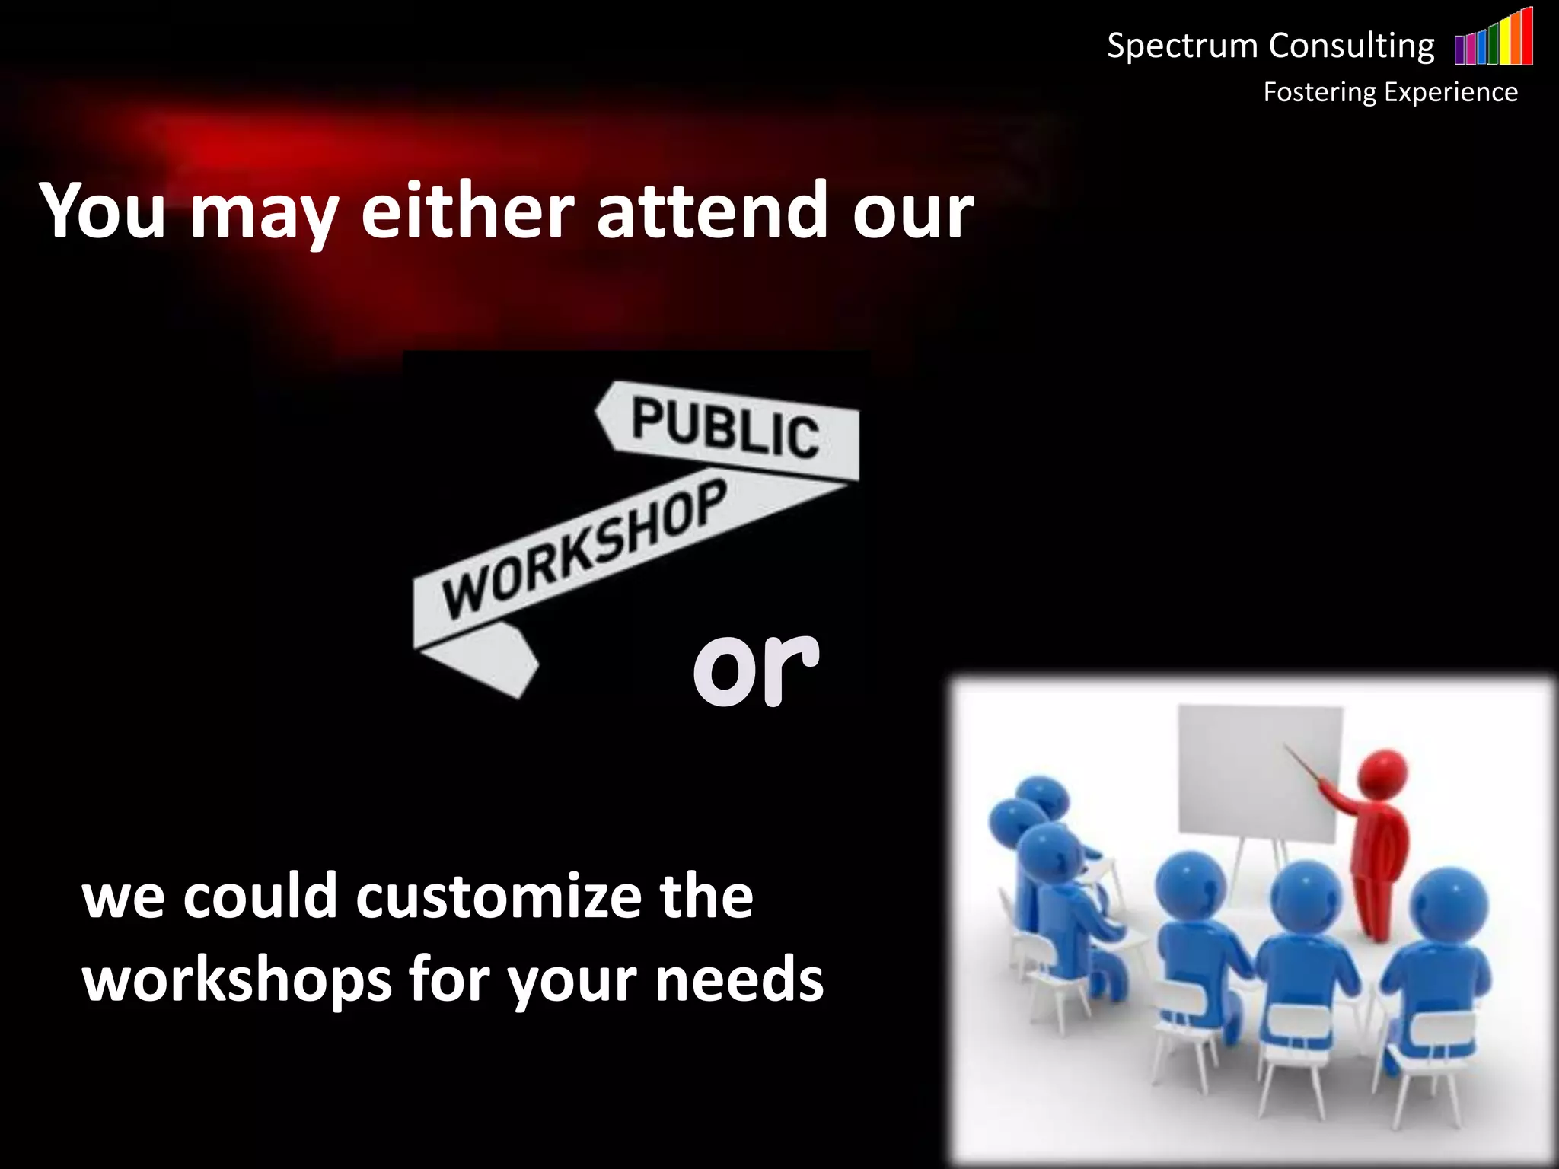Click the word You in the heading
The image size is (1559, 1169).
point(103,212)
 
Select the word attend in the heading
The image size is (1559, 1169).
point(711,212)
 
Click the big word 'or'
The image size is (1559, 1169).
point(755,667)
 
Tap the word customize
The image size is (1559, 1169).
point(498,898)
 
